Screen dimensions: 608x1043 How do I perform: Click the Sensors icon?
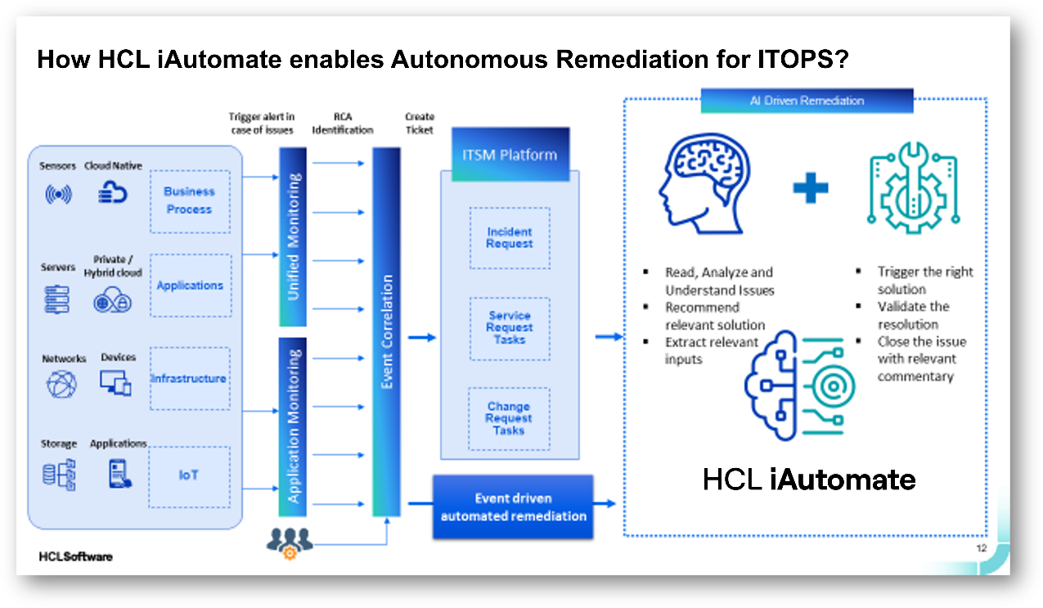point(57,195)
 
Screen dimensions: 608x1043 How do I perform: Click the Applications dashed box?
point(190,286)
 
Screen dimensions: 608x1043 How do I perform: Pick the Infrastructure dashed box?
point(189,379)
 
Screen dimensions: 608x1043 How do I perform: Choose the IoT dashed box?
point(189,475)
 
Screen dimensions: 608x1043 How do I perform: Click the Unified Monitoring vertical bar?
point(293,237)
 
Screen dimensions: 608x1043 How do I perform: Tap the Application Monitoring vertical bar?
point(293,426)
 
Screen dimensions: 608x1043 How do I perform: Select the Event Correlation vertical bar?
point(387,331)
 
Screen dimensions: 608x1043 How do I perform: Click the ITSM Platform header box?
point(510,155)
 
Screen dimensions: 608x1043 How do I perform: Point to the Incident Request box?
point(510,238)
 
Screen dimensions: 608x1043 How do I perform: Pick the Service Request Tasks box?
point(510,328)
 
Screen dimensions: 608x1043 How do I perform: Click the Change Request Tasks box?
point(509,419)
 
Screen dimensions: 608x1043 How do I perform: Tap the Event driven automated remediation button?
point(514,507)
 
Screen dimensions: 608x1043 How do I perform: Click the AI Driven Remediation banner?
point(807,101)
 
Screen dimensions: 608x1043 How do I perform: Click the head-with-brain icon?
point(700,185)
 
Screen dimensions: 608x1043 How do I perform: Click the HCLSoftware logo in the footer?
point(75,556)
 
